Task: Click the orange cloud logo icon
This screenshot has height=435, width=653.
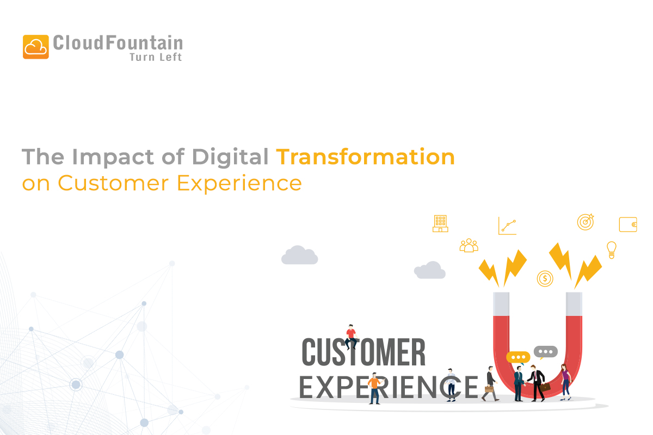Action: [36, 47]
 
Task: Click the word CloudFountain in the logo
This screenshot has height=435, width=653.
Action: [118, 43]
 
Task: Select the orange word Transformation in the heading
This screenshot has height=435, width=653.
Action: [365, 157]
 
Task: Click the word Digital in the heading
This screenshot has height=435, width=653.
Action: [230, 157]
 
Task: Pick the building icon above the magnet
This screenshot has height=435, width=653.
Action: [440, 223]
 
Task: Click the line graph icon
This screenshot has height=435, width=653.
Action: [507, 226]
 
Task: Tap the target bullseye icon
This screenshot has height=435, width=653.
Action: [585, 222]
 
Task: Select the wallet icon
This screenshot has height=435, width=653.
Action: [627, 225]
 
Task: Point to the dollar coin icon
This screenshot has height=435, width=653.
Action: [545, 278]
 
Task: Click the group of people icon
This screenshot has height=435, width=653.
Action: [469, 245]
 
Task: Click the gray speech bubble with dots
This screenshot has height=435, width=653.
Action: [545, 352]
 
